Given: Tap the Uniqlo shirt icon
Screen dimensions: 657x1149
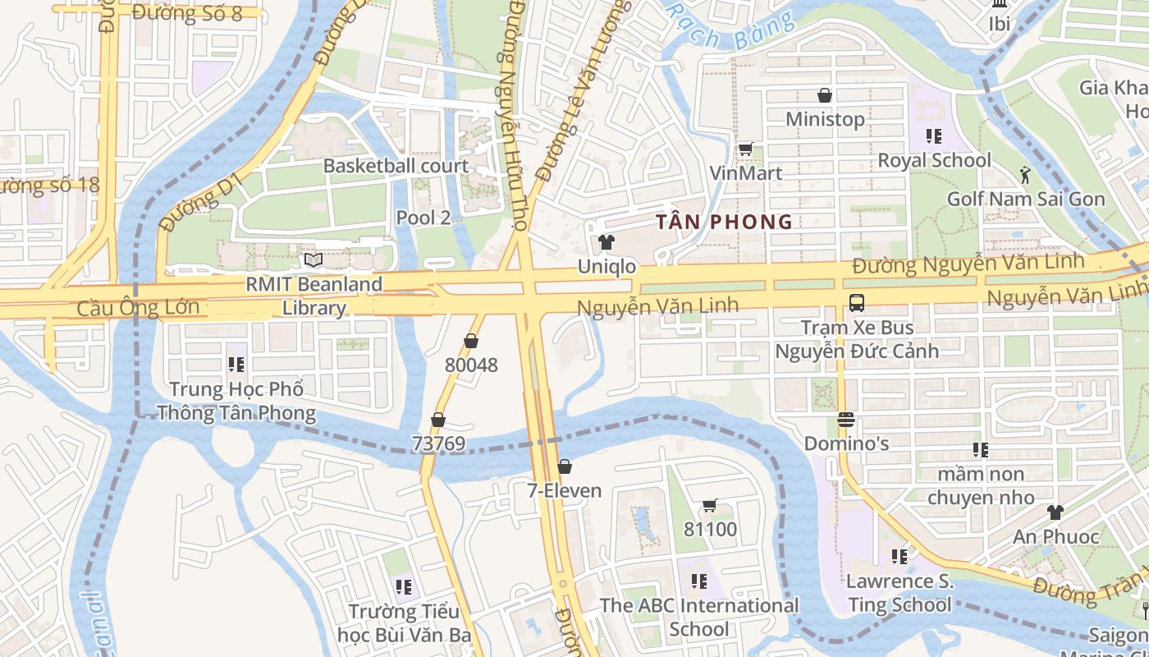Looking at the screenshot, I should pyautogui.click(x=607, y=241).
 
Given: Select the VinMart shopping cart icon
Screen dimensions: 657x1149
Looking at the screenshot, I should pyautogui.click(x=745, y=149).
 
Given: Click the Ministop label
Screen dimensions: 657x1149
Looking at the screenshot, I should pyautogui.click(x=825, y=119).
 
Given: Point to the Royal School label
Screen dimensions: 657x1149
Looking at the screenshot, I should pyautogui.click(x=934, y=160).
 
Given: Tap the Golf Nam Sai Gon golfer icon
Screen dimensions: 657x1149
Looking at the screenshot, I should pyautogui.click(x=1025, y=174).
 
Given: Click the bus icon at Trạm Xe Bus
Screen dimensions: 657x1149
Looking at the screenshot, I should pyautogui.click(x=857, y=302).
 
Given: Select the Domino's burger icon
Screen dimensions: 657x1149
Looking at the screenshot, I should pyautogui.click(x=846, y=420).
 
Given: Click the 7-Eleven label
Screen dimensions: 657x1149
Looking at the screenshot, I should pyautogui.click(x=564, y=491).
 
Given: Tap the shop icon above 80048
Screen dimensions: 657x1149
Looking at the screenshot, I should pyautogui.click(x=471, y=341).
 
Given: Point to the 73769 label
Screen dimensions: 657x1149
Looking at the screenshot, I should pyautogui.click(x=438, y=444).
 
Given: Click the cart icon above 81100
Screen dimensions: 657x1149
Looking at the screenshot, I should pyautogui.click(x=710, y=505).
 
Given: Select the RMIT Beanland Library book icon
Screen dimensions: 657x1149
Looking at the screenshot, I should pyautogui.click(x=313, y=260).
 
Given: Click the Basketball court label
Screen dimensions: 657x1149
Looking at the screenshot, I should pyautogui.click(x=396, y=166).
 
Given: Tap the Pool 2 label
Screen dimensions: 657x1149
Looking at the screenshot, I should pyautogui.click(x=423, y=218).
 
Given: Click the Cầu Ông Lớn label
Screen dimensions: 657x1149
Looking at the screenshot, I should pyautogui.click(x=138, y=308).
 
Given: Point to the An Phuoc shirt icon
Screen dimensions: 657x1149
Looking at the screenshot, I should pyautogui.click(x=1055, y=512).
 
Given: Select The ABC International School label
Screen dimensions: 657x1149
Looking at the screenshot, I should pyautogui.click(x=699, y=617).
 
